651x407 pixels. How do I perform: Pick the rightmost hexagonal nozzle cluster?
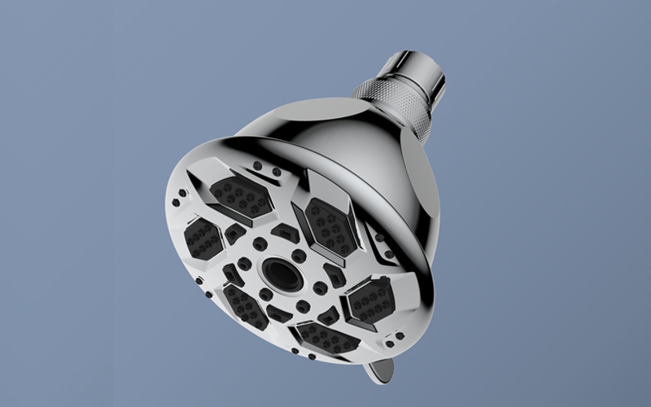coord(371,300)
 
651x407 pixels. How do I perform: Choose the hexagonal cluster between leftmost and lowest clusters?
coord(244,305)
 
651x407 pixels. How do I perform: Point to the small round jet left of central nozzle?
coord(244,265)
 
